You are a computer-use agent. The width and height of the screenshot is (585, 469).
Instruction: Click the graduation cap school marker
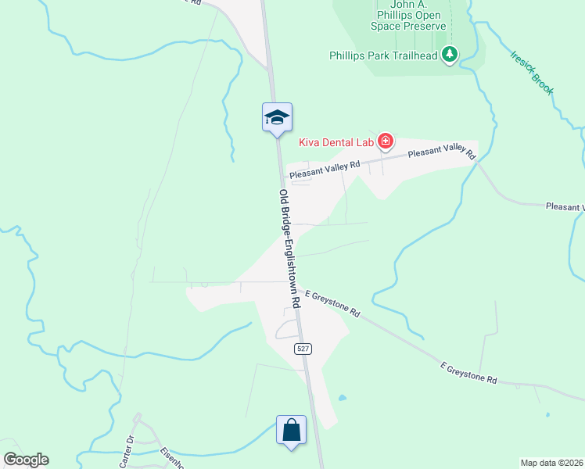277,118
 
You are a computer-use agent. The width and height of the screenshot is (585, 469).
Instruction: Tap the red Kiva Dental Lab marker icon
385,141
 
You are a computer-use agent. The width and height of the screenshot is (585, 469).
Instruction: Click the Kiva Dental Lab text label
336,142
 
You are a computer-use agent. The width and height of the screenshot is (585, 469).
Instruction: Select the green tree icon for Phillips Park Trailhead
450,55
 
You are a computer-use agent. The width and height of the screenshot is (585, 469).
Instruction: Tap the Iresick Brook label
532,73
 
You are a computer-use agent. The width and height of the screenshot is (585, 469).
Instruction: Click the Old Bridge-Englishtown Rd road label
289,248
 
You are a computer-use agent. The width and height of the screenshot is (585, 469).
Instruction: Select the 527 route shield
303,349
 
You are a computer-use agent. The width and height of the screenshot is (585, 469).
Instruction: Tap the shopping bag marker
291,430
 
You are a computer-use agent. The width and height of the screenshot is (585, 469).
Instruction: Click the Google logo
26,459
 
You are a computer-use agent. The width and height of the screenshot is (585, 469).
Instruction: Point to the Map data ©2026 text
552,463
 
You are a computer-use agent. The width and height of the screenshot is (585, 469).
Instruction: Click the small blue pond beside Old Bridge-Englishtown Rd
342,398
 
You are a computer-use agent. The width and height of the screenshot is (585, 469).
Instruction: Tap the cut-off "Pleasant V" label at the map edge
565,207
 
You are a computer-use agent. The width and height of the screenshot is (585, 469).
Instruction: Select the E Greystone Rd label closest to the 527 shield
332,303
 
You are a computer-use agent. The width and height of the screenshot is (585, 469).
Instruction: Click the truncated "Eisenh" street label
171,458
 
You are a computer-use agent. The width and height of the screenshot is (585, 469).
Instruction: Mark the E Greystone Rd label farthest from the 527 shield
468,372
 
